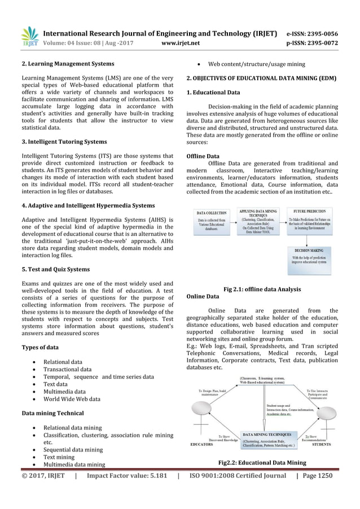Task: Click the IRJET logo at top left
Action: click(x=29, y=36)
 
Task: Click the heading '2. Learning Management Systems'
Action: click(x=68, y=63)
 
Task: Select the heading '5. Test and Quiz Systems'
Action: click(x=55, y=269)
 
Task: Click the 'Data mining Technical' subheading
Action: click(x=52, y=414)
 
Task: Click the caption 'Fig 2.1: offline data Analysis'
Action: click(x=262, y=289)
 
